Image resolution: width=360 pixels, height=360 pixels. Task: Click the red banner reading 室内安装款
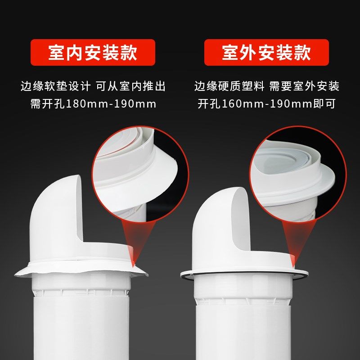93,53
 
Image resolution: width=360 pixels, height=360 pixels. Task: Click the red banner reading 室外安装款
266,53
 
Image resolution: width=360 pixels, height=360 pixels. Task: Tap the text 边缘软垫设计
56,86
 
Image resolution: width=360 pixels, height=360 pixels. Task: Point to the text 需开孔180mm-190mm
93,104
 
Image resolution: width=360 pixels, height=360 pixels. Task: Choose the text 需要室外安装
304,86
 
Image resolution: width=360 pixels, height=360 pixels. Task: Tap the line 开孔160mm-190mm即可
267,104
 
